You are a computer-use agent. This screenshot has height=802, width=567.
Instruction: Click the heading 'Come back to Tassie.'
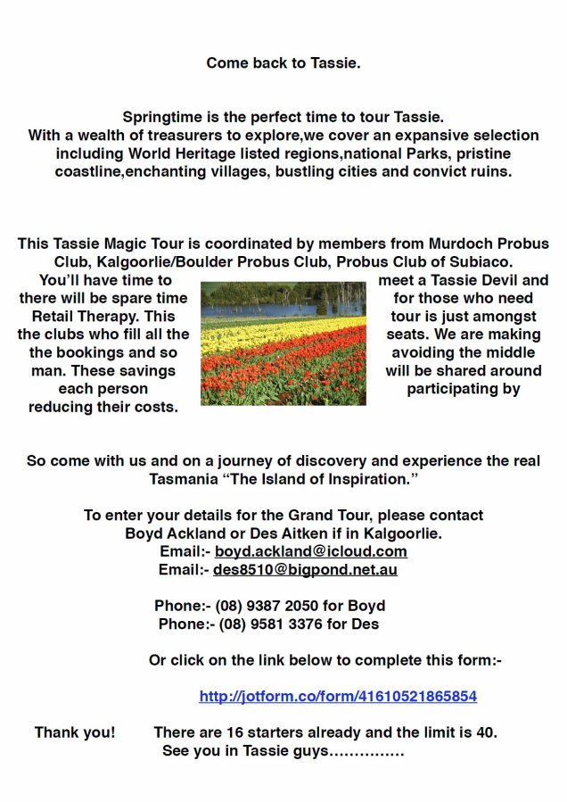(283, 63)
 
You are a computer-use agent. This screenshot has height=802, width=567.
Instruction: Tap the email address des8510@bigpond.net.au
(305, 569)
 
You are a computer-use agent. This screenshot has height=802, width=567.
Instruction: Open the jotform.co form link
(338, 696)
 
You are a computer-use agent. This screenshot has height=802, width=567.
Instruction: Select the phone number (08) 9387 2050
(267, 606)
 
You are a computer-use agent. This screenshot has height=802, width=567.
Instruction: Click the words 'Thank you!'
(75, 732)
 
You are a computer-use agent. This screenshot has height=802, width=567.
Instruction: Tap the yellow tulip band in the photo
(267, 332)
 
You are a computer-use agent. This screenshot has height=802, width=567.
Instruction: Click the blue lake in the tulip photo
(267, 310)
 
